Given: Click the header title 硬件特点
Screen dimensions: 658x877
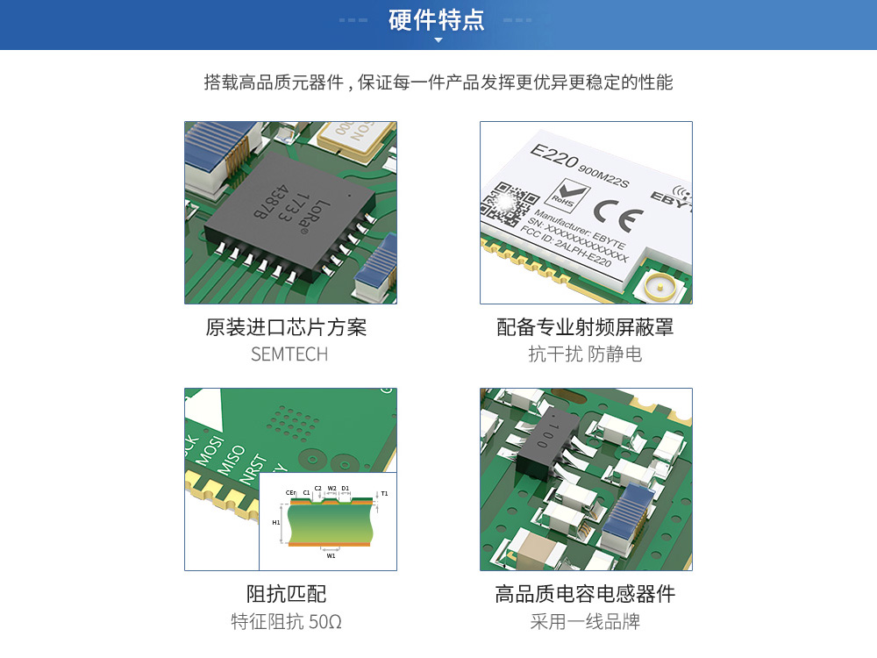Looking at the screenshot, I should tap(437, 20).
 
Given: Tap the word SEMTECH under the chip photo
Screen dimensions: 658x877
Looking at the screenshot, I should tap(289, 354).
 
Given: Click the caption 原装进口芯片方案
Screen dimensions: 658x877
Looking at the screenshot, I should tap(286, 327).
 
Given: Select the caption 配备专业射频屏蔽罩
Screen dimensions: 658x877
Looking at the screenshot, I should tap(585, 327).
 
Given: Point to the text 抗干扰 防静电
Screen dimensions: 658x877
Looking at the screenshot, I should tap(585, 354).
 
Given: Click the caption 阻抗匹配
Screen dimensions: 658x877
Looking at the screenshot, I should tap(286, 594).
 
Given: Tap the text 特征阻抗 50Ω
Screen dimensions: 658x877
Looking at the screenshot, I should tap(286, 622).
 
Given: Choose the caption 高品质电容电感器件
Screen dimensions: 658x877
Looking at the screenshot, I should tap(585, 594).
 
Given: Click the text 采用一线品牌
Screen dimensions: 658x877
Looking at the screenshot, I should tap(585, 622).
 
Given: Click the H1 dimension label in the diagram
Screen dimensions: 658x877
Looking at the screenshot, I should tap(275, 522).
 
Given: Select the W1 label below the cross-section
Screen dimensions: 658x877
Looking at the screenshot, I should tap(331, 555).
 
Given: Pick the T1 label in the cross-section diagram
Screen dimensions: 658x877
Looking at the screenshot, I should tap(384, 494).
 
